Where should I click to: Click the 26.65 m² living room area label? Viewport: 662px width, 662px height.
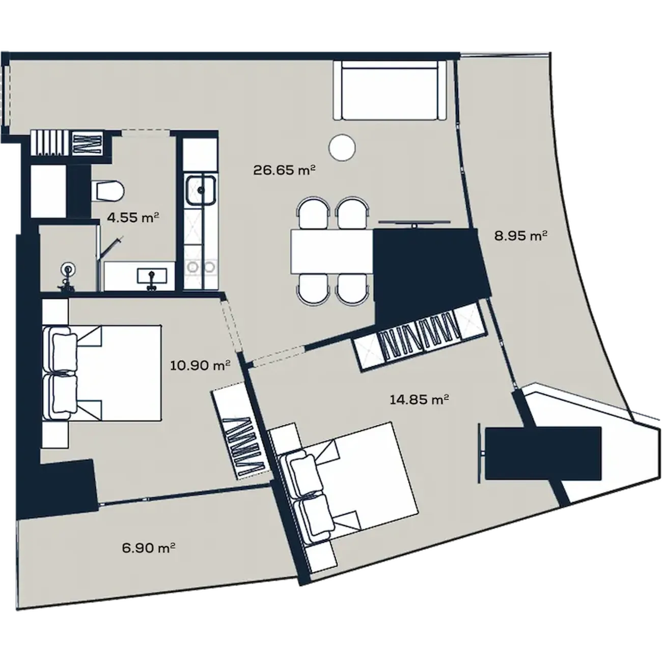pyautogui.click(x=284, y=170)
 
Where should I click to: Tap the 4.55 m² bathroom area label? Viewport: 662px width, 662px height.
pyautogui.click(x=133, y=217)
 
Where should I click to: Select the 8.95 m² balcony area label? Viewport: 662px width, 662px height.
pyautogui.click(x=520, y=236)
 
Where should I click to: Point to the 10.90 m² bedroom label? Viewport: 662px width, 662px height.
pyautogui.click(x=200, y=365)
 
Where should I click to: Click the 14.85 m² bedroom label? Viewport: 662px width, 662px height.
pyautogui.click(x=420, y=400)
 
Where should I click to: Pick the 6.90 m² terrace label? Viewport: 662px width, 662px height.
pyautogui.click(x=148, y=547)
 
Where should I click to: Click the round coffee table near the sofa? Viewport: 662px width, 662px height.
pyautogui.click(x=342, y=147)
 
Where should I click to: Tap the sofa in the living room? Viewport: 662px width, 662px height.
pyautogui.click(x=389, y=90)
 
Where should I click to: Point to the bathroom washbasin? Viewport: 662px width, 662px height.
pyautogui.click(x=152, y=276)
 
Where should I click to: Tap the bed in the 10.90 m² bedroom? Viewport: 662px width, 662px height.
pyautogui.click(x=102, y=372)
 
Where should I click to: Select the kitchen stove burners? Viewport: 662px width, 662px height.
pyautogui.click(x=200, y=267)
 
